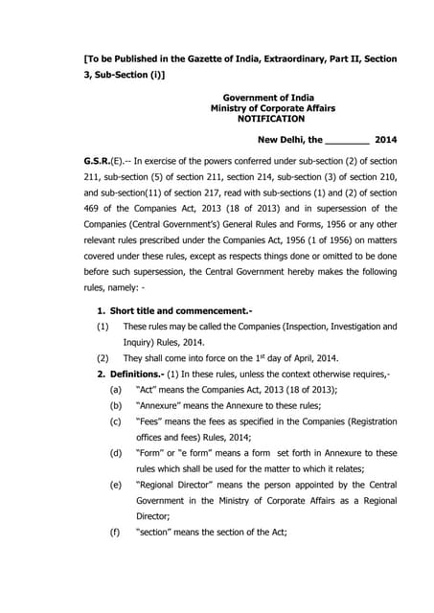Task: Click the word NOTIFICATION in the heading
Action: (271, 119)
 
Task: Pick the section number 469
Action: (98, 233)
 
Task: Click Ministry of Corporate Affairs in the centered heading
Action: (271, 108)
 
